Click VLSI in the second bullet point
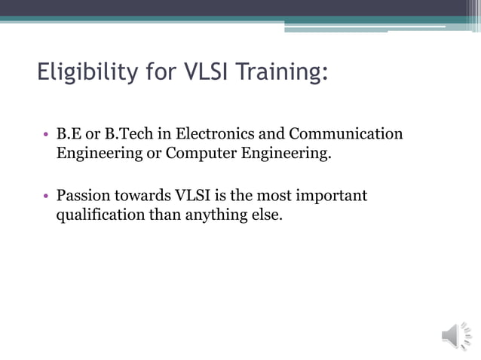pos(193,197)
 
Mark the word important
pos(332,197)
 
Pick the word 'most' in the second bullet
pos(277,197)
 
